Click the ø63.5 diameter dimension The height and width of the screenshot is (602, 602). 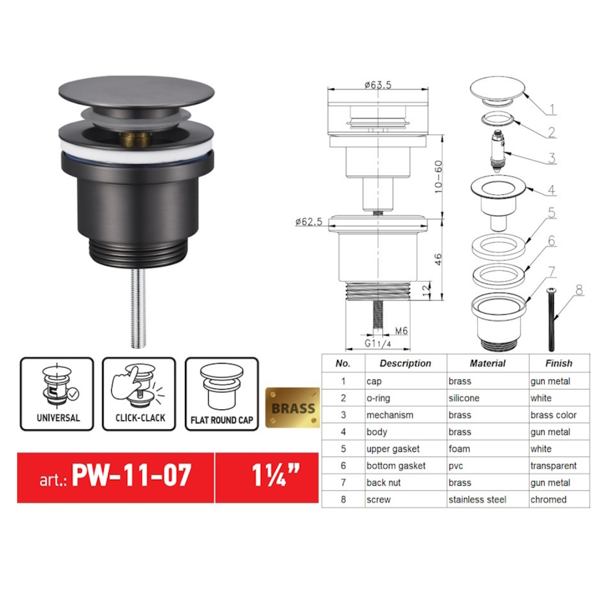click(x=378, y=85)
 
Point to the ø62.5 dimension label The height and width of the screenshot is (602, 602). click(x=309, y=222)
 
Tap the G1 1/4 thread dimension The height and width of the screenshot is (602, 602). click(x=377, y=343)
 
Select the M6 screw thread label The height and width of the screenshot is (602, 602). click(x=401, y=330)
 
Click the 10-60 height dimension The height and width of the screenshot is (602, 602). click(x=438, y=176)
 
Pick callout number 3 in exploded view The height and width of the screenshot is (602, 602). click(x=551, y=158)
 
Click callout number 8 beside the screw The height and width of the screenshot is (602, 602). click(x=579, y=290)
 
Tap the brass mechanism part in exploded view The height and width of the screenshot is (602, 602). click(x=498, y=152)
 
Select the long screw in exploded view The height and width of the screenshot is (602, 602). click(x=551, y=320)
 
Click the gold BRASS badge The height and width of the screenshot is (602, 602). click(x=293, y=408)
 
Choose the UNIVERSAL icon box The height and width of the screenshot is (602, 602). click(x=57, y=394)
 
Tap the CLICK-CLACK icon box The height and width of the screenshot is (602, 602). click(x=139, y=394)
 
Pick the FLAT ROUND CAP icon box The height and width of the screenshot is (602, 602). click(x=222, y=394)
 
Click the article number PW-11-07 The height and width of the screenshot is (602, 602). click(x=131, y=476)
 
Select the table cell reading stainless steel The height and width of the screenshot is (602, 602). click(x=477, y=500)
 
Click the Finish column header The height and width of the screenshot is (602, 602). click(x=559, y=363)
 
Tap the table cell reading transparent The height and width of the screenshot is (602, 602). click(x=553, y=466)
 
